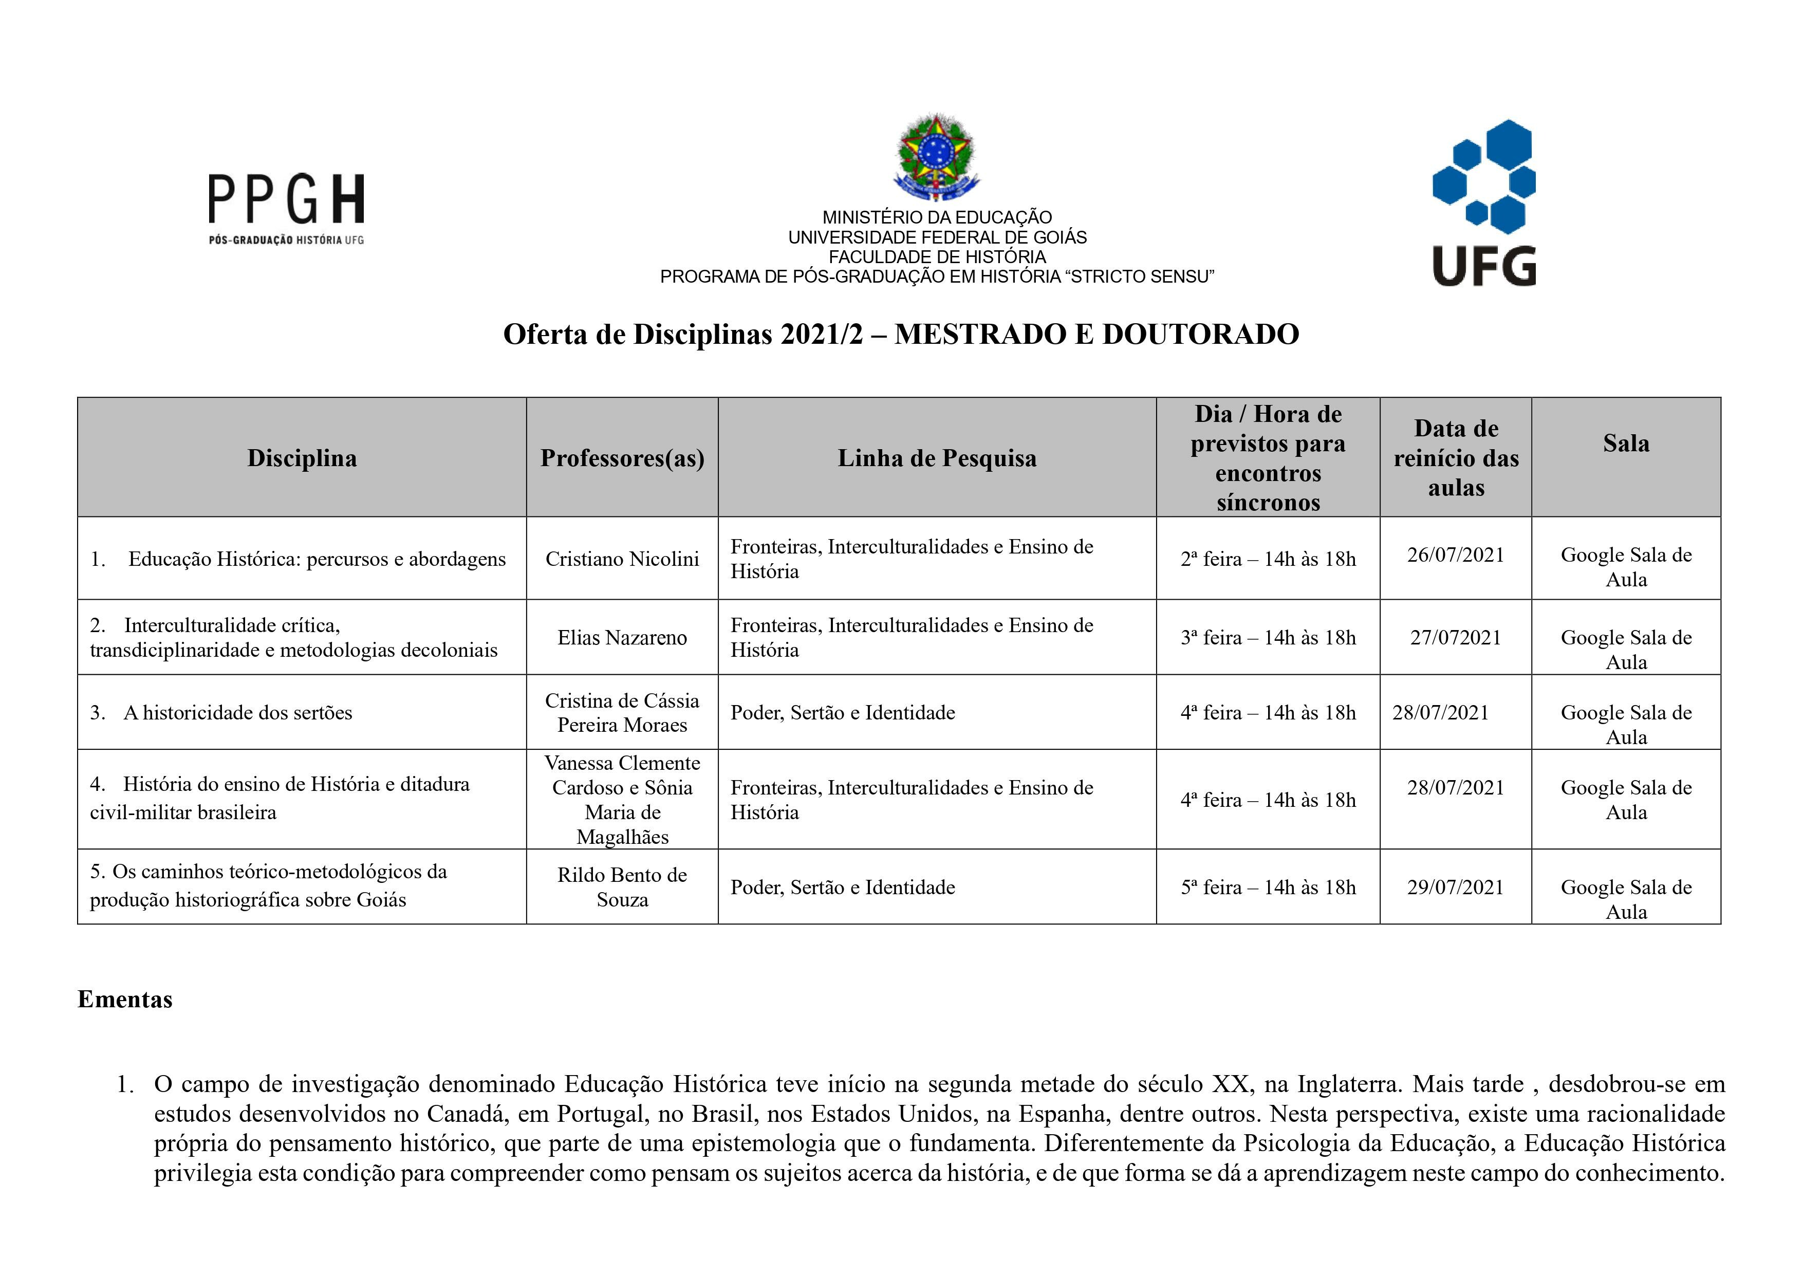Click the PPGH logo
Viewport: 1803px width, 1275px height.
tap(286, 208)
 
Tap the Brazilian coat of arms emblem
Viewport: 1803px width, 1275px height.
tap(937, 158)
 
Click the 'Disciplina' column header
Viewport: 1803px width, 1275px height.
tap(302, 458)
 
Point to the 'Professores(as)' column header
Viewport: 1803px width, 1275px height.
tap(622, 458)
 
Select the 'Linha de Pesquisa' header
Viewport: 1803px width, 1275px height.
tap(937, 458)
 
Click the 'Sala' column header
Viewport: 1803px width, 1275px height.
tap(1626, 443)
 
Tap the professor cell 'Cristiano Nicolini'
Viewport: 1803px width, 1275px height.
tap(622, 559)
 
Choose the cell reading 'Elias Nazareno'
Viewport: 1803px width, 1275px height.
tap(622, 637)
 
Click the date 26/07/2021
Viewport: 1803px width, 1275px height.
tap(1455, 555)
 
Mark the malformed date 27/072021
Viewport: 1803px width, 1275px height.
tap(1455, 637)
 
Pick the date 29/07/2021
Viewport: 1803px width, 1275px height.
tap(1455, 887)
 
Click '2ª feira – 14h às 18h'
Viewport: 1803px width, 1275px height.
tap(1268, 559)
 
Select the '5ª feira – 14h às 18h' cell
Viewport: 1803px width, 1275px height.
tap(1268, 887)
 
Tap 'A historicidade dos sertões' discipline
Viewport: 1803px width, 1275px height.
tap(237, 712)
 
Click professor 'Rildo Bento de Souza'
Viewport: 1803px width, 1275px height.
tap(622, 887)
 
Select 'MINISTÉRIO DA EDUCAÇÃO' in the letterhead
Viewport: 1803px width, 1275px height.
tap(937, 217)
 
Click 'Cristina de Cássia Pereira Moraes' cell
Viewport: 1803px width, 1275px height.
tap(622, 712)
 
